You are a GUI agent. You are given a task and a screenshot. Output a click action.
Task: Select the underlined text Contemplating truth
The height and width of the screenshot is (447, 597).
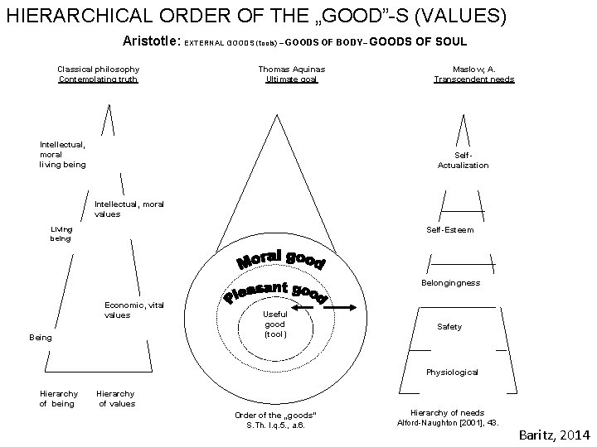point(98,79)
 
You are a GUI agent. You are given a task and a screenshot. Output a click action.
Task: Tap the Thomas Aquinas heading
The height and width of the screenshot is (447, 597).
point(292,70)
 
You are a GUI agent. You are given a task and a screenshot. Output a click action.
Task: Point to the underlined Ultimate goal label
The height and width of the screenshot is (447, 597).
point(292,79)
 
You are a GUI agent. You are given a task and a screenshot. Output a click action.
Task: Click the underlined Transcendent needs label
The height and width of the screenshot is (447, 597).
point(473,79)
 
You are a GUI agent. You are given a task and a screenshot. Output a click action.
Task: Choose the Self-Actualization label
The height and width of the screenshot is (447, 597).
point(463,160)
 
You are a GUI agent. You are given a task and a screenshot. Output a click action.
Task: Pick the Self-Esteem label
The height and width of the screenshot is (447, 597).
point(450,230)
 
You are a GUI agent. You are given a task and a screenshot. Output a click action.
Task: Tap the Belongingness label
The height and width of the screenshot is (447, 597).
point(451,283)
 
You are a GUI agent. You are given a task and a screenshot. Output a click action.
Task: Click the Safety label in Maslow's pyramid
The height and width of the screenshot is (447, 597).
point(449,327)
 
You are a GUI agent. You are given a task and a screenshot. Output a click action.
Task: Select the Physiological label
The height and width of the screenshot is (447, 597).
point(452,372)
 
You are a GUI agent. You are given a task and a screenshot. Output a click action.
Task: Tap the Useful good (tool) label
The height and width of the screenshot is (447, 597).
point(274,324)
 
